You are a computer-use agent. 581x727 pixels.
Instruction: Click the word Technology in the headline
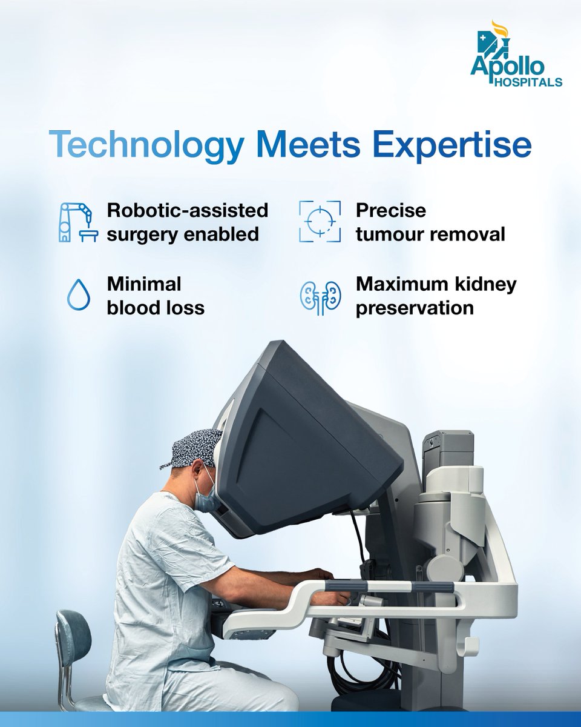click(x=144, y=146)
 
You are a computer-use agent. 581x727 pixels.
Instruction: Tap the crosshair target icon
click(x=320, y=222)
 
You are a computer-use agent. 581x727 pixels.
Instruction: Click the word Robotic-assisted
click(x=188, y=211)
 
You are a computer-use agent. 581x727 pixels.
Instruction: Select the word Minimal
click(x=144, y=284)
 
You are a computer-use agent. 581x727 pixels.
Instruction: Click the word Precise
click(x=391, y=211)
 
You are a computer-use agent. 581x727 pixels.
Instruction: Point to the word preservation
click(x=415, y=308)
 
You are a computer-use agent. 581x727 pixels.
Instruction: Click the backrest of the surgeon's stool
click(x=73, y=636)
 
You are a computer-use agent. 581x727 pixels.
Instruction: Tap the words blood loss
click(x=156, y=308)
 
